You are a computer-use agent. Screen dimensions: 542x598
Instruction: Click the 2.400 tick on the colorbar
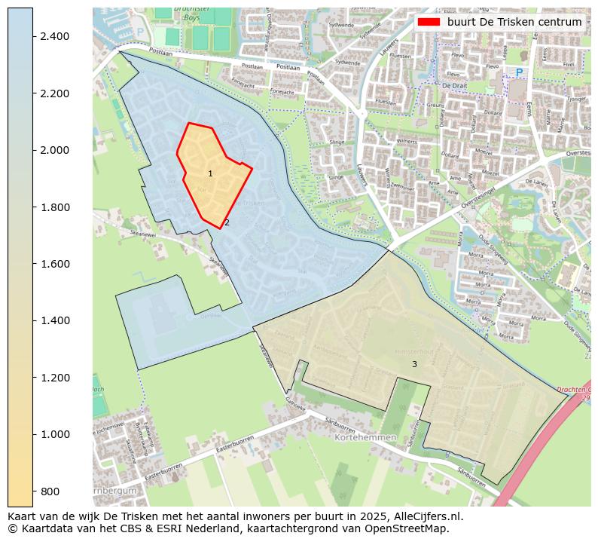(33, 36)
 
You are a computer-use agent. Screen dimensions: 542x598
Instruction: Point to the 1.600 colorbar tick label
(56, 264)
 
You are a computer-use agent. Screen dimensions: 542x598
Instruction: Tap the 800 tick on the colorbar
(33, 491)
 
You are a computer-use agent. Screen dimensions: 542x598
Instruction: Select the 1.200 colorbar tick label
(56, 377)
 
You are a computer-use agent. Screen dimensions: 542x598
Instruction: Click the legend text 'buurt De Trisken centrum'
(514, 22)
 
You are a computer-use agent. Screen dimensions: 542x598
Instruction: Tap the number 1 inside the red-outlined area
(210, 174)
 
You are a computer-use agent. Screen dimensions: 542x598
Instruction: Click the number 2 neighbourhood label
(227, 222)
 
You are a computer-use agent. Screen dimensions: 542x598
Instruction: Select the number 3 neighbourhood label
(414, 364)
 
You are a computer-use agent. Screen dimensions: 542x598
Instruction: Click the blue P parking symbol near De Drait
(519, 72)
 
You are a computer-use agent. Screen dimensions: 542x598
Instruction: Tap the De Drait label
(456, 86)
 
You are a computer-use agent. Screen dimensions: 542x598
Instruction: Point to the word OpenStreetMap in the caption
(410, 528)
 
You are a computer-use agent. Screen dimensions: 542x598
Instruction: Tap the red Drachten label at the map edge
(574, 390)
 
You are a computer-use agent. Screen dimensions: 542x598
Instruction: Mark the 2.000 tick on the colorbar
(33, 150)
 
